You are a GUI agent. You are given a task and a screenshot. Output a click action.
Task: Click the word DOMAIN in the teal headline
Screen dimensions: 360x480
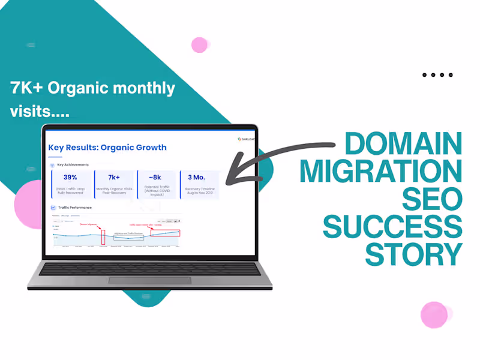[x=403, y=144]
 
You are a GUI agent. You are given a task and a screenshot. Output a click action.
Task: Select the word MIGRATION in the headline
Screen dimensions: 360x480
[x=382, y=171]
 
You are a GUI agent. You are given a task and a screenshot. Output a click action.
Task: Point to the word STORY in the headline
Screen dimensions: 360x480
[x=414, y=254]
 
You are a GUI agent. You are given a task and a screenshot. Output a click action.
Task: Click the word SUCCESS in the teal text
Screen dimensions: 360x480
[x=393, y=226]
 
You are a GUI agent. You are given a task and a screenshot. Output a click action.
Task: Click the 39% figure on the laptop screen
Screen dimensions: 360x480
[x=70, y=177]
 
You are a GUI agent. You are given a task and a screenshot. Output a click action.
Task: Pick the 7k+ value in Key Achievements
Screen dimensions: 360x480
[x=114, y=177]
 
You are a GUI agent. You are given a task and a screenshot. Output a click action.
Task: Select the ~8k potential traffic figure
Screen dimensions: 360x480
[x=156, y=178]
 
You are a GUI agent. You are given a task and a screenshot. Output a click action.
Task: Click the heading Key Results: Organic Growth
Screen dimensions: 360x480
[x=107, y=148]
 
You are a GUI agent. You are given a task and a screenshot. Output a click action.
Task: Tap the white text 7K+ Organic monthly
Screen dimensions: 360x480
[x=93, y=88]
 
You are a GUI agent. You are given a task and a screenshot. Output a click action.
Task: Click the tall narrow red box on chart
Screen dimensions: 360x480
[x=103, y=236]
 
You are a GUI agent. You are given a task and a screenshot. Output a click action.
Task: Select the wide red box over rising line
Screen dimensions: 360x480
[x=165, y=233]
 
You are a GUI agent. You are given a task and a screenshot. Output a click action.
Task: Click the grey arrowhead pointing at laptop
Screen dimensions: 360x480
[x=237, y=169]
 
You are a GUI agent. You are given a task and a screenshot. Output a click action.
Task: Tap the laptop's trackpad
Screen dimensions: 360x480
[x=149, y=281]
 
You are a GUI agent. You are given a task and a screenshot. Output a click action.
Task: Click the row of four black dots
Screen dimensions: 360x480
[x=437, y=75]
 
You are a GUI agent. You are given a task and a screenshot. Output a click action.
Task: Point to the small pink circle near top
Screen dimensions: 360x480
[x=199, y=45]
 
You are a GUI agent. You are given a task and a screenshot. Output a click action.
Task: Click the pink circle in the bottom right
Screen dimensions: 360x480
[x=434, y=314]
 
